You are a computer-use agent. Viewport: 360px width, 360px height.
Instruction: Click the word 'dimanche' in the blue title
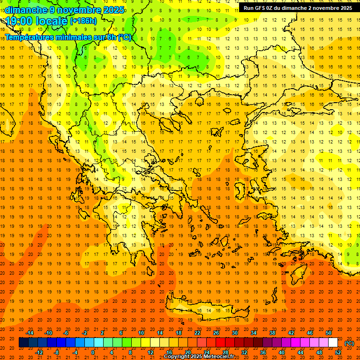pyautogui.click(x=26, y=10)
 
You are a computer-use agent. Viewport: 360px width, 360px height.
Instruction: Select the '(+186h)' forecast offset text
pyautogui.click(x=83, y=21)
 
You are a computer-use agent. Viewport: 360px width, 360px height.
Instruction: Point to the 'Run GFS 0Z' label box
pyautogui.click(x=298, y=8)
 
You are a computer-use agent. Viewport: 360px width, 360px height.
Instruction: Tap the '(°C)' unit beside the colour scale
pyautogui.click(x=349, y=343)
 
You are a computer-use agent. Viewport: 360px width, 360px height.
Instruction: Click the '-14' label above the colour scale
pyautogui.click(x=30, y=332)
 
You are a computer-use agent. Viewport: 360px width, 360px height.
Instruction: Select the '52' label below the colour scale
pyautogui.click(x=338, y=352)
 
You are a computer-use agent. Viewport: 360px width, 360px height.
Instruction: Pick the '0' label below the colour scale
pyautogui.click(x=93, y=352)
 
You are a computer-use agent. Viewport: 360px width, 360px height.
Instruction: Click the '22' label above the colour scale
pyautogui.click(x=197, y=332)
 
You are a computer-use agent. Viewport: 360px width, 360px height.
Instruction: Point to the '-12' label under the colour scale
pyautogui.click(x=39, y=352)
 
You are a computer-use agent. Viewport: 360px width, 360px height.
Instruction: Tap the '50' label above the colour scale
pyautogui.click(x=329, y=332)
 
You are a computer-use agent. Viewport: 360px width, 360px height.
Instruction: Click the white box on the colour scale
pyautogui.click(x=333, y=343)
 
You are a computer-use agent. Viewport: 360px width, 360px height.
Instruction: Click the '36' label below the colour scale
pyautogui.click(x=263, y=352)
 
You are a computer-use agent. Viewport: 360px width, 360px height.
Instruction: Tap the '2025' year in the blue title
pyautogui.click(x=114, y=10)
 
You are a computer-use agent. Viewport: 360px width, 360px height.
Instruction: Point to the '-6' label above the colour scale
pyautogui.click(x=66, y=332)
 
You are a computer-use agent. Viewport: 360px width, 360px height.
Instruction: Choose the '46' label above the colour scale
pyautogui.click(x=310, y=332)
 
